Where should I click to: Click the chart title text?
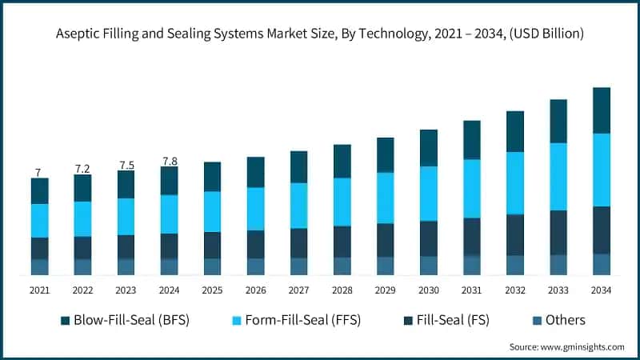319,34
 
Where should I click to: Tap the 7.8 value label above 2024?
170,161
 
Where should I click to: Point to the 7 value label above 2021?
38,172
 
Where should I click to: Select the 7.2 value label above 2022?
82,169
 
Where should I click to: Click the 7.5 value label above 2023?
126,165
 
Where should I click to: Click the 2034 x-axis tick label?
601,290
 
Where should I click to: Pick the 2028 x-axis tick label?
342,290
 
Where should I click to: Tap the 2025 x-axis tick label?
212,290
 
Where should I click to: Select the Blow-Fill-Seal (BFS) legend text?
130,320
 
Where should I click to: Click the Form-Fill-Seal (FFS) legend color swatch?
236,321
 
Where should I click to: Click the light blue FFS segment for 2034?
601,170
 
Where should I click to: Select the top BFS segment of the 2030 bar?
429,148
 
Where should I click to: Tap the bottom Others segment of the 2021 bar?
40,267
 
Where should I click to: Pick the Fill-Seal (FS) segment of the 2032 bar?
514,235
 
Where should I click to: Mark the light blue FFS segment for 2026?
256,209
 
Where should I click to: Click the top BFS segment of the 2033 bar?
558,122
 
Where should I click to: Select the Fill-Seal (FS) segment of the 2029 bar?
386,240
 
